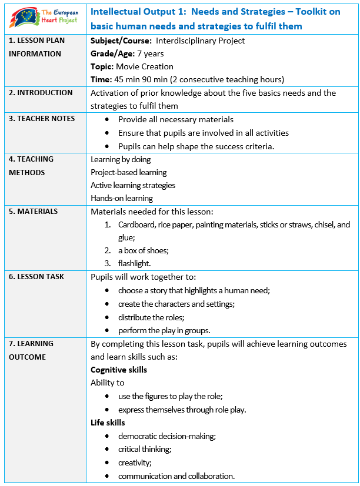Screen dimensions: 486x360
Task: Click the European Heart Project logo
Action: click(x=44, y=18)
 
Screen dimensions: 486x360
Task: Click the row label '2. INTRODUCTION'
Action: click(x=40, y=92)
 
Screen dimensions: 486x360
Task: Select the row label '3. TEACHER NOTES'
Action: click(x=42, y=118)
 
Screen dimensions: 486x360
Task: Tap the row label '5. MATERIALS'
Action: click(x=33, y=211)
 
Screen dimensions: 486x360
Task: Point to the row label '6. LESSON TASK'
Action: click(x=36, y=276)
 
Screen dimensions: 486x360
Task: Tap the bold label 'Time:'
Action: click(x=101, y=79)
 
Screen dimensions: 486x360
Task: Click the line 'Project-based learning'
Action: click(x=128, y=172)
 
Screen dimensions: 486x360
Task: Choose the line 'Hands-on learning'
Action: click(x=121, y=198)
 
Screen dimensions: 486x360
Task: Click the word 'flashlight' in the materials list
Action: click(x=134, y=263)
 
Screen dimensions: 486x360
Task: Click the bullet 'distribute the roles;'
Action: click(x=153, y=317)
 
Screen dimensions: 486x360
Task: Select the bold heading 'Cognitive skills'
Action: click(x=119, y=370)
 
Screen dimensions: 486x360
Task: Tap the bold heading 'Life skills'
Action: click(x=108, y=422)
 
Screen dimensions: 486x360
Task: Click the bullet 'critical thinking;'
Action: click(x=145, y=449)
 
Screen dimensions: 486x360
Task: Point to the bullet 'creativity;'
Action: click(x=135, y=462)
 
